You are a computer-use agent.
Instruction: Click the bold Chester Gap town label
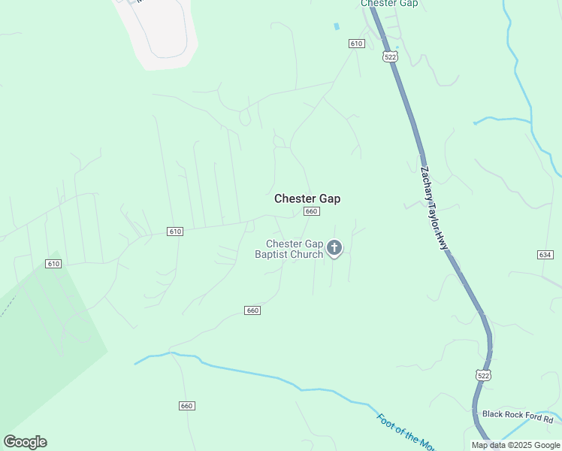(307, 198)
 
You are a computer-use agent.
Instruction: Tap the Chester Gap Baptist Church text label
(295, 249)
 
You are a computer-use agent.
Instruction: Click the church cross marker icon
(335, 247)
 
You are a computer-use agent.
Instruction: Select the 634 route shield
(545, 256)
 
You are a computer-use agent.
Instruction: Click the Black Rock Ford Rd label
(518, 414)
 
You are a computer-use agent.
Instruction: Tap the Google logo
(25, 442)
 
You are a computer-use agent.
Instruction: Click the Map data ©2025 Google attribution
(515, 445)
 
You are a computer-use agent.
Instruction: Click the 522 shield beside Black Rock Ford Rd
(483, 374)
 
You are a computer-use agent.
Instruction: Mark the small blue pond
(337, 27)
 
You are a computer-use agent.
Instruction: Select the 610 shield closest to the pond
(356, 44)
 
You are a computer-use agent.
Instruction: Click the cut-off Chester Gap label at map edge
(389, 4)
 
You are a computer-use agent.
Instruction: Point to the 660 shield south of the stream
(187, 406)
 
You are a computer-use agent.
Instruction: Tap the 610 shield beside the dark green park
(53, 264)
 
